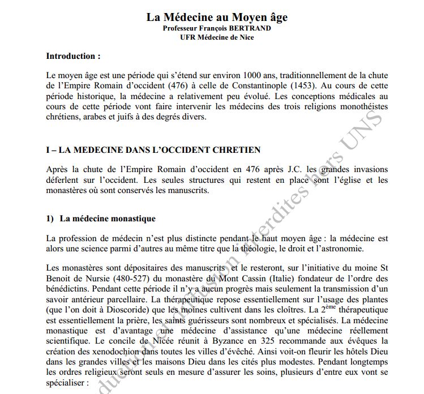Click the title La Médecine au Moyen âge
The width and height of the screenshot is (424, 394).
(217, 17)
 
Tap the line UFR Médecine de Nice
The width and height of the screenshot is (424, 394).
(217, 37)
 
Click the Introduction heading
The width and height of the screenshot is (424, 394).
(73, 56)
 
